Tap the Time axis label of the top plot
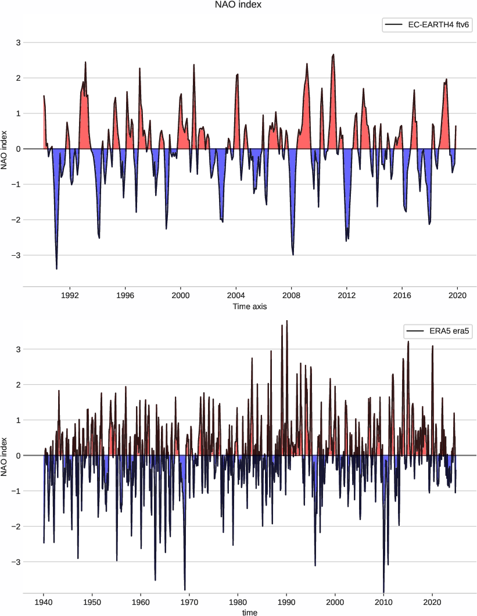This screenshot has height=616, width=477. (x=249, y=306)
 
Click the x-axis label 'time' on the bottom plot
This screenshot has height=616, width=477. (x=249, y=612)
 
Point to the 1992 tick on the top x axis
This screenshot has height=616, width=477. (x=70, y=295)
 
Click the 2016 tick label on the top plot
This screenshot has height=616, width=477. (x=402, y=295)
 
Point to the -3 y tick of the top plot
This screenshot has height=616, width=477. (x=17, y=255)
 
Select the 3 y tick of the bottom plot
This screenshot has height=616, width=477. (x=19, y=349)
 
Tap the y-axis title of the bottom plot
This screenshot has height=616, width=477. (x=5, y=456)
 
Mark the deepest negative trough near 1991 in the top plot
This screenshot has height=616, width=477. (x=56, y=268)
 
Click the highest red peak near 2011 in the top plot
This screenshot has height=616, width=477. (x=333, y=55)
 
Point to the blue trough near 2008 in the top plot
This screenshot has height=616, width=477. (x=293, y=254)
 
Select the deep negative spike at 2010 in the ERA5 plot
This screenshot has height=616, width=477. (x=383, y=591)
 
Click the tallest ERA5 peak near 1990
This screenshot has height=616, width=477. (x=287, y=321)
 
